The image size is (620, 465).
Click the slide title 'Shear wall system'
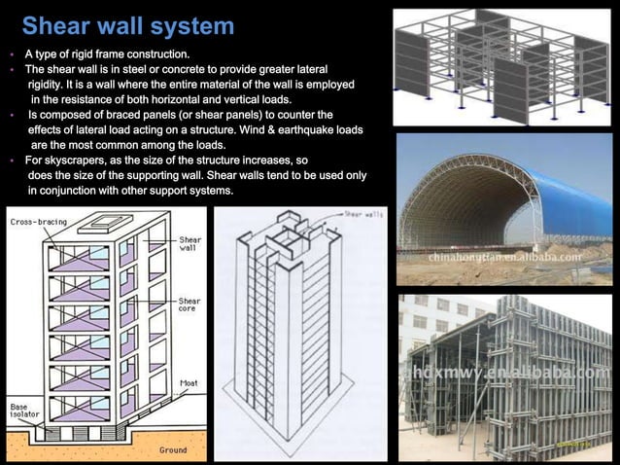pyautogui.click(x=127, y=25)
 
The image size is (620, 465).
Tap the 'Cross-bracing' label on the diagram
pyautogui.click(x=39, y=222)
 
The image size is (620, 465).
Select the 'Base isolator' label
pyautogui.click(x=25, y=411)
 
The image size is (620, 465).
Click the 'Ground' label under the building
pyautogui.click(x=173, y=450)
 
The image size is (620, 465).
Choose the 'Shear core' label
pyautogui.click(x=189, y=305)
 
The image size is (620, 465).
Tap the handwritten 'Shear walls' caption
pyautogui.click(x=363, y=213)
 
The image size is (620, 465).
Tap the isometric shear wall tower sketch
pyautogui.click(x=292, y=340)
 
